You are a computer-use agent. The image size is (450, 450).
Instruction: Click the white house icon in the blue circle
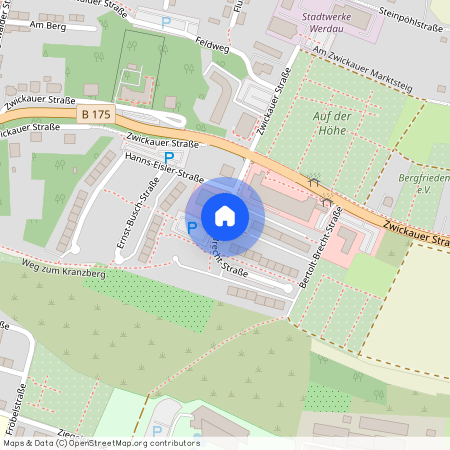tap(225, 215)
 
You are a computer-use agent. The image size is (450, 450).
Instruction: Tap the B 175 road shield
tap(97, 116)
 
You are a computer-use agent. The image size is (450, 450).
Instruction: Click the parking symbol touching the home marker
tap(192, 227)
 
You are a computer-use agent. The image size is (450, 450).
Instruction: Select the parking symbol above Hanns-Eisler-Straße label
tap(169, 156)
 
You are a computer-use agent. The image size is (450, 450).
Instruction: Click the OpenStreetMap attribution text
tap(101, 442)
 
